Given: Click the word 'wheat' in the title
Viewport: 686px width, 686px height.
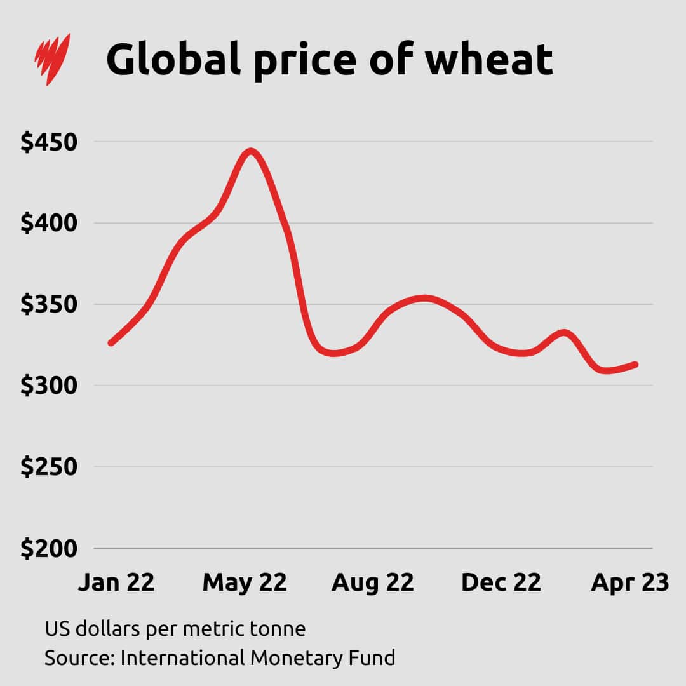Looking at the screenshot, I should point(488,59).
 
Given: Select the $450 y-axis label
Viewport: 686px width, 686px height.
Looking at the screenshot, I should point(49,142).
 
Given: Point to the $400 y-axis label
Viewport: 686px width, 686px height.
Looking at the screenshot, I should point(49,224).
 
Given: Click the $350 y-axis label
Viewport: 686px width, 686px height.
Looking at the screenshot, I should point(49,305).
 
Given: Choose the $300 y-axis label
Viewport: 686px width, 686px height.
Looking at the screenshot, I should point(49,386).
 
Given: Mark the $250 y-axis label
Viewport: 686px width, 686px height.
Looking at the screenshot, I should point(49,467).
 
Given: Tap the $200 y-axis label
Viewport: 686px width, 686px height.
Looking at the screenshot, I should point(49,549).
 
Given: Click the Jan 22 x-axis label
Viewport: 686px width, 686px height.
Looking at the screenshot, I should point(116,582).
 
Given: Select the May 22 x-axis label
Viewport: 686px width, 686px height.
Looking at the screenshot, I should point(245,582).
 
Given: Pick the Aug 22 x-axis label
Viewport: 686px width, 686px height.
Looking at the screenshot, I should point(372,582).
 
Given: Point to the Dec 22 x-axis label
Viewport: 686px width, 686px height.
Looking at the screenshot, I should point(501,582).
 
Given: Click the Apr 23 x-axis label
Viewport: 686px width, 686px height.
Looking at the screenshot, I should point(629,582).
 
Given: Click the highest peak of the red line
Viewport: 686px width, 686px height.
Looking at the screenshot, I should point(252,151).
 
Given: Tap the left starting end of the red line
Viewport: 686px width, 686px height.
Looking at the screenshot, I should point(112,343).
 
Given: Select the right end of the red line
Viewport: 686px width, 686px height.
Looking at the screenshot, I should point(635,365).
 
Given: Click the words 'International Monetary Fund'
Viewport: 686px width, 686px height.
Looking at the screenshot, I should point(257,657).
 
